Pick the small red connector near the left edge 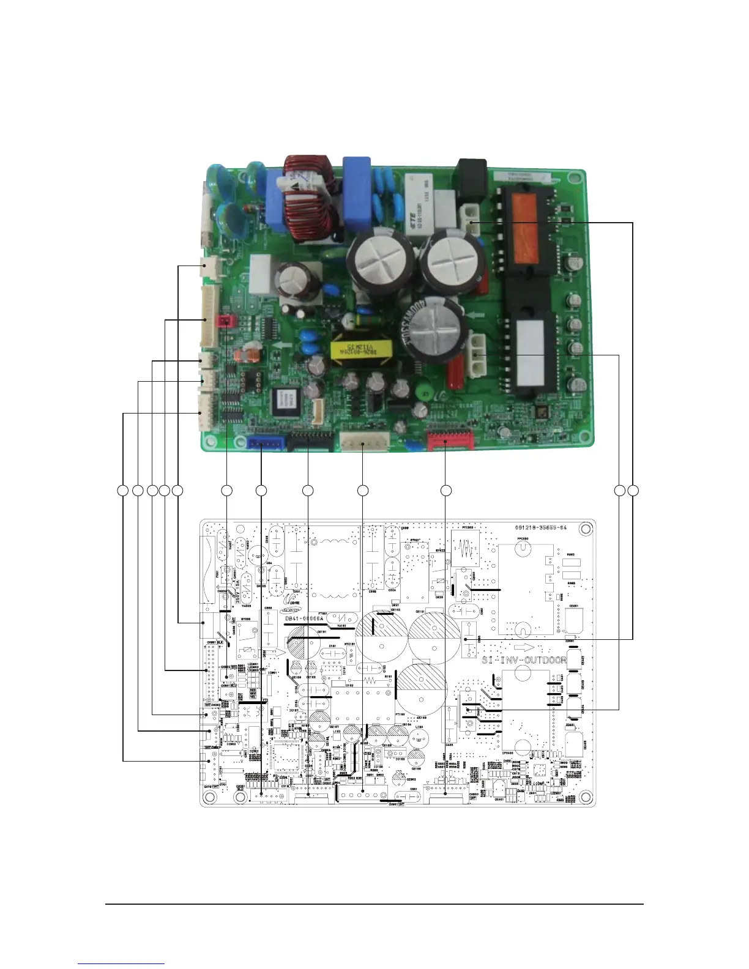pos(227,320)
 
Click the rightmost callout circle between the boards pos(633,490)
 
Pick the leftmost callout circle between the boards pos(123,490)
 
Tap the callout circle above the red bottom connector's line pos(446,490)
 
